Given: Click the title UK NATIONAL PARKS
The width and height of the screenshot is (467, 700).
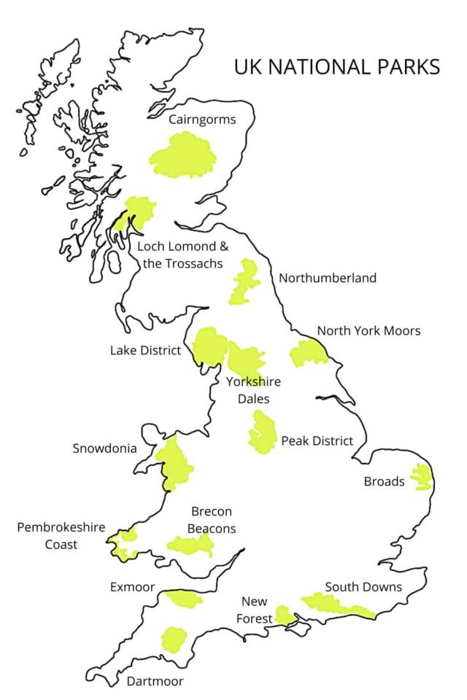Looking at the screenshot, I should point(336,67).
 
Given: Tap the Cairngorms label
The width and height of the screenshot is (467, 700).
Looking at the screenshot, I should point(202,120).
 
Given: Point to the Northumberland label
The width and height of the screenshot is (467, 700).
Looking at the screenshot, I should point(328,278).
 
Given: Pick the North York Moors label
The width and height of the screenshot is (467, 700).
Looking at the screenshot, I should point(368,331).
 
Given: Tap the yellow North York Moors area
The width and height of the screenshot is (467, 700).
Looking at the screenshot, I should point(308,354).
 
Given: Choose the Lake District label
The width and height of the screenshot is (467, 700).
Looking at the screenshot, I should point(145,351).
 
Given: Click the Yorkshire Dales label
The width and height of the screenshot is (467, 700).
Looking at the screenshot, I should point(253,390).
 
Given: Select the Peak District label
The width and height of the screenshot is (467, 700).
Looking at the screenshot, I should point(317,441).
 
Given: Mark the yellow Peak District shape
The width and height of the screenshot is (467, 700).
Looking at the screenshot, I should point(261,433).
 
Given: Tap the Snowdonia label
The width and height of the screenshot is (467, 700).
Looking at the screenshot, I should point(104,448).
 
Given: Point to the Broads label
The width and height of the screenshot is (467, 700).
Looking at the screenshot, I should point(384,481).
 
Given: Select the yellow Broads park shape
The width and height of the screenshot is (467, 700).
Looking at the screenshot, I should point(421,477).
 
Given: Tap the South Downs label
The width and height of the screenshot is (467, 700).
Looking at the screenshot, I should point(363,586).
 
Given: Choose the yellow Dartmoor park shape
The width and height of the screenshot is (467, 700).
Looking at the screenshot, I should point(174,639).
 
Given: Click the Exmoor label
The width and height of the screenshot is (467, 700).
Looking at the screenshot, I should point(132,586).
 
